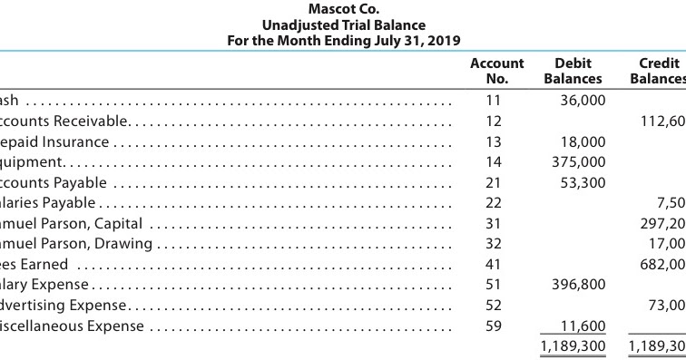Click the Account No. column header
point(496,71)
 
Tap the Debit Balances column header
point(572,71)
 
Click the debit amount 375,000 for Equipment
point(578,161)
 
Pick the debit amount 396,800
point(578,285)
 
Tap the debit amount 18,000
point(582,141)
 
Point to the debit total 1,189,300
point(572,345)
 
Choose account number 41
point(493,264)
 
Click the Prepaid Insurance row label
point(54,141)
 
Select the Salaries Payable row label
point(54,202)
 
